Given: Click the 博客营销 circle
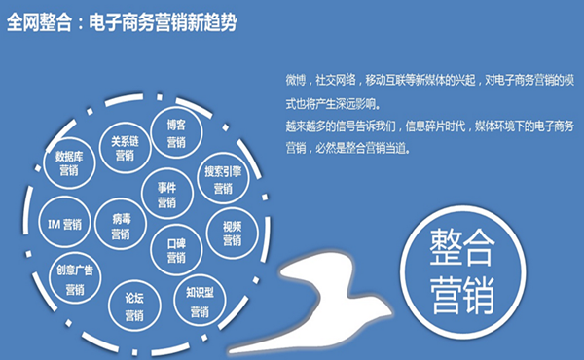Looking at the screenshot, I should pyautogui.click(x=175, y=133).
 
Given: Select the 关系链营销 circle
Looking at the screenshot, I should pyautogui.click(x=124, y=147).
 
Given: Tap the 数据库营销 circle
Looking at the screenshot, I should pyautogui.click(x=74, y=163).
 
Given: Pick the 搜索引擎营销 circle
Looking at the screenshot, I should pyautogui.click(x=223, y=179).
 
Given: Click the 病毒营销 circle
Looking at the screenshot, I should pyautogui.click(x=121, y=226).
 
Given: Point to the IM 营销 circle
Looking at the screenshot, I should pyautogui.click(x=65, y=225).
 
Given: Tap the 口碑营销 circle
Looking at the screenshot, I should pyautogui.click(x=176, y=249).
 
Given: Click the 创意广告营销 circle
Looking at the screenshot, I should pyautogui.click(x=74, y=280).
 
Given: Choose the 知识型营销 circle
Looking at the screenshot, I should pyautogui.click(x=199, y=303).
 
